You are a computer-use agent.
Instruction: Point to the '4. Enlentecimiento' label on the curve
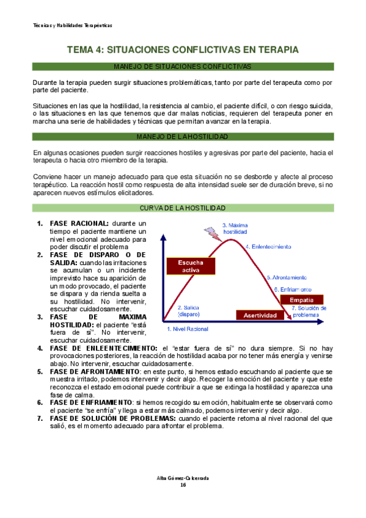coord(268,246)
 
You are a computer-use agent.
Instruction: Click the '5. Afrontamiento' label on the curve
coord(287,277)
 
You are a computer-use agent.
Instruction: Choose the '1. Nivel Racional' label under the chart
coord(188,329)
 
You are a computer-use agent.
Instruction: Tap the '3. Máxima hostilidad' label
coord(235,228)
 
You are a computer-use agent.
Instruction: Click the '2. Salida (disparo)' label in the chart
coord(188,311)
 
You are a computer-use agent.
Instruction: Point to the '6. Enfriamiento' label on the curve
coord(292,289)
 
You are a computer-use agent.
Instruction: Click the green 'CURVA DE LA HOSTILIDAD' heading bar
coord(183,208)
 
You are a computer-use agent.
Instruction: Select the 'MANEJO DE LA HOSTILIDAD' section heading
coord(183,136)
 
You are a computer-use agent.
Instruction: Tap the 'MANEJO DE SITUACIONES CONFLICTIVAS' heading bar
coord(183,66)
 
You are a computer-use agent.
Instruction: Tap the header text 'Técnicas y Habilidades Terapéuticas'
coord(72,25)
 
